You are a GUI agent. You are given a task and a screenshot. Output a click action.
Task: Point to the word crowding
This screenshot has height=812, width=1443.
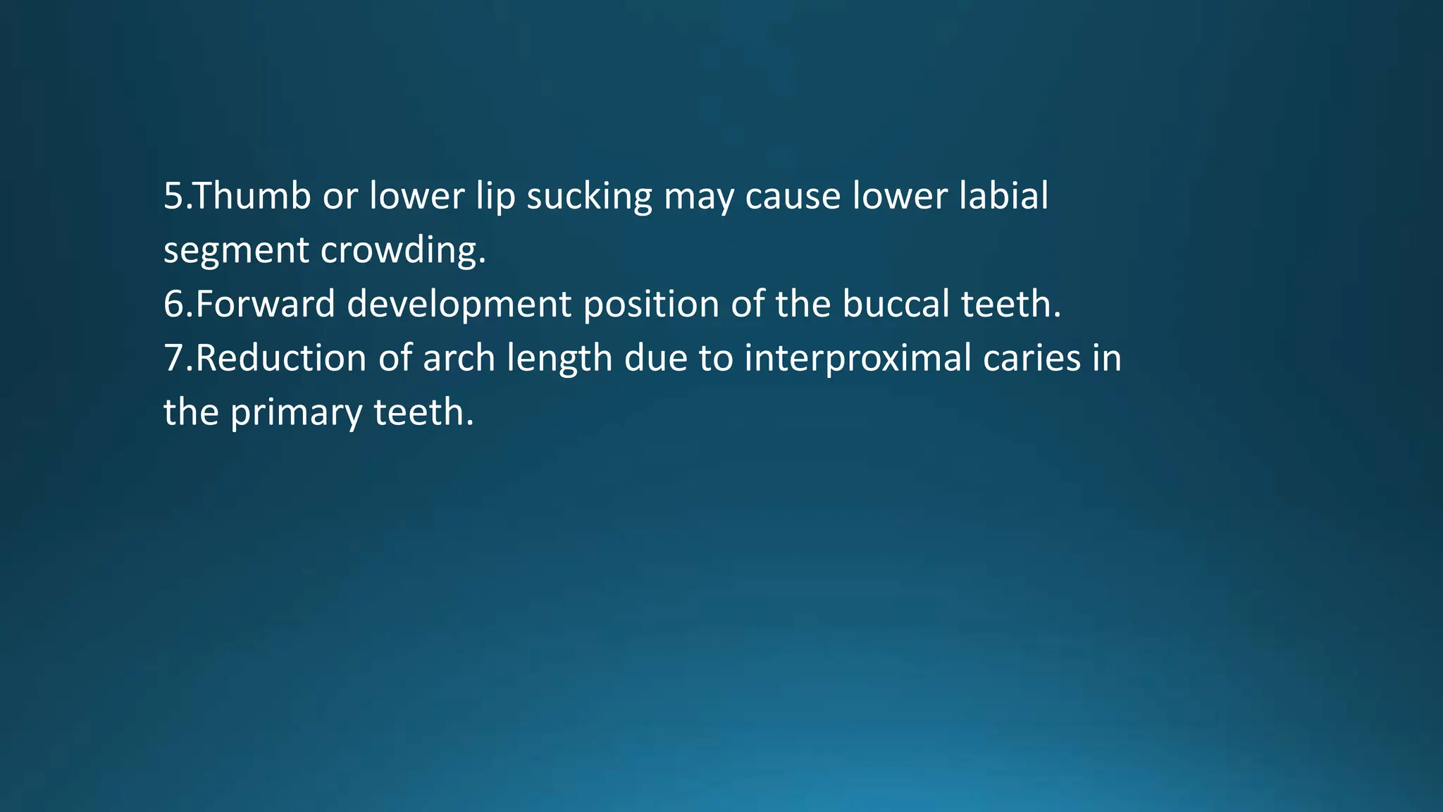[403, 251]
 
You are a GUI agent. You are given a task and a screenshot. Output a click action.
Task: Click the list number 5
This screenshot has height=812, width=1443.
[173, 196]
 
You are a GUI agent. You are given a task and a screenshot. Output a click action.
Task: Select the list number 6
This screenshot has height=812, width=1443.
[173, 304]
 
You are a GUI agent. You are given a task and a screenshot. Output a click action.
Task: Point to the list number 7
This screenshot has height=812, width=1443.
[173, 358]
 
